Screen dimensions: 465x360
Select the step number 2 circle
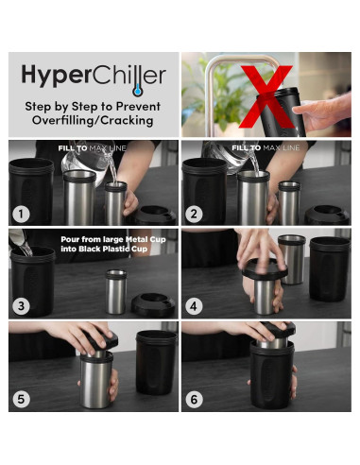[x=196, y=215]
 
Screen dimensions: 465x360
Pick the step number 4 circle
[x=196, y=307]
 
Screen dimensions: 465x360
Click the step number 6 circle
[x=196, y=398]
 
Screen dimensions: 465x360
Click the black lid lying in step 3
[x=153, y=302]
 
